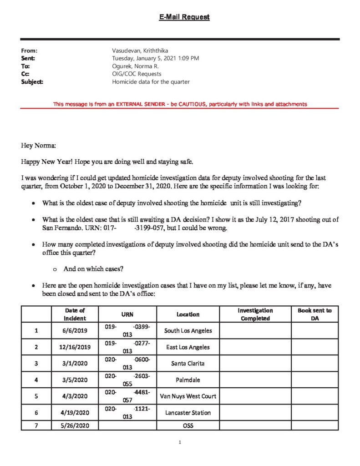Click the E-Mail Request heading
184,17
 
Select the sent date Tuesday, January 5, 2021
155,58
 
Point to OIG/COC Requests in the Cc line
137,74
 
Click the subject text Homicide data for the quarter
151,82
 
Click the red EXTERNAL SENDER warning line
180,104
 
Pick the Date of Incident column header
75,314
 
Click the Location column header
188,314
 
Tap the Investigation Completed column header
255,314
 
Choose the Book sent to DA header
314,314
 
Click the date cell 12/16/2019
75,347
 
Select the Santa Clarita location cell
188,364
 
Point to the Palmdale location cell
188,380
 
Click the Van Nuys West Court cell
188,396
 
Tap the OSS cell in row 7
188,426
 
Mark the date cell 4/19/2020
75,413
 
